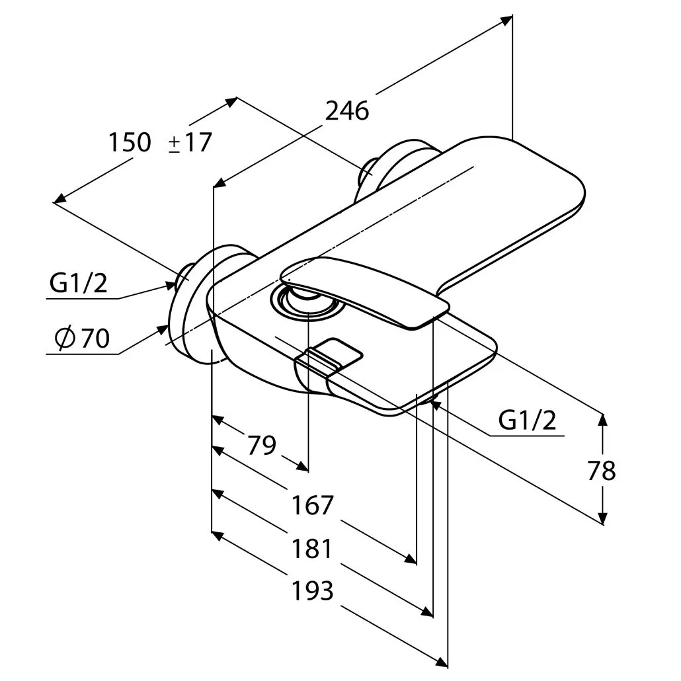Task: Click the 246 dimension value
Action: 347,111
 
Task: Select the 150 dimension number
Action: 130,142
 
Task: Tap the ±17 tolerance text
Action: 190,142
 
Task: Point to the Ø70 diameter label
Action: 83,338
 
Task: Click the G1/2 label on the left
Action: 78,283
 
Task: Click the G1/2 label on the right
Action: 527,420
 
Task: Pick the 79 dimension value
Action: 261,445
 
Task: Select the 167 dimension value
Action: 312,504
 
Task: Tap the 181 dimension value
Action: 312,548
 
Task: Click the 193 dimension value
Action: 312,590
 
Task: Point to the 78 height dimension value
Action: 602,470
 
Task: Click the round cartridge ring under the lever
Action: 307,304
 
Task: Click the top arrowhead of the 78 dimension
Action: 602,420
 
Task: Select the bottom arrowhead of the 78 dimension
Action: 602,518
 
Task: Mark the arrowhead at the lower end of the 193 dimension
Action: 442,662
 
